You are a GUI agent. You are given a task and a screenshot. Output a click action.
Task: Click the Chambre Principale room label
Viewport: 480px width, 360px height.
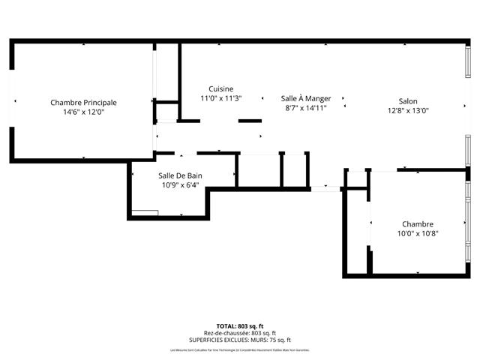click(x=83, y=103)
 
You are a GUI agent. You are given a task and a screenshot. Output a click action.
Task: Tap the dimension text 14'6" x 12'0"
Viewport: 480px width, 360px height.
click(x=83, y=112)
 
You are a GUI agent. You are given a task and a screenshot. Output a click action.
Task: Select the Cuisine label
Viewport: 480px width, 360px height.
click(x=220, y=88)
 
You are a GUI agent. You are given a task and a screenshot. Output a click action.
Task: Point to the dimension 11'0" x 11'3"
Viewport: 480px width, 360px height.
click(x=220, y=98)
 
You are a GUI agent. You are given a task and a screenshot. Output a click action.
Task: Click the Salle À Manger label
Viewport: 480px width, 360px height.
click(x=306, y=98)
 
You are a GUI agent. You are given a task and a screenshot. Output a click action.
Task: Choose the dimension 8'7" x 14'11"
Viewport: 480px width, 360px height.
click(x=306, y=108)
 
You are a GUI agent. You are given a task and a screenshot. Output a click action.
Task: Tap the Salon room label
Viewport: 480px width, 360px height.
click(x=408, y=101)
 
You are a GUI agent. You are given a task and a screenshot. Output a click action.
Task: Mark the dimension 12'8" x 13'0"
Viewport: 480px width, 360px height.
click(x=408, y=111)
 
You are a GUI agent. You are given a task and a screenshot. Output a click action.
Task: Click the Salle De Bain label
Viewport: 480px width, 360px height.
click(x=180, y=176)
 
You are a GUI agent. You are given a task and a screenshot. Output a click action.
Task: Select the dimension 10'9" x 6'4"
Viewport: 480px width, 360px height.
click(x=180, y=186)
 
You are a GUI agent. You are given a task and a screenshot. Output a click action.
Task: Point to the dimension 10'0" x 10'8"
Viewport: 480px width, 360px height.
click(x=418, y=233)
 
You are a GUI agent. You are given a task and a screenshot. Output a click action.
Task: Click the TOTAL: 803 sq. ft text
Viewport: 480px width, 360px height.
click(x=239, y=326)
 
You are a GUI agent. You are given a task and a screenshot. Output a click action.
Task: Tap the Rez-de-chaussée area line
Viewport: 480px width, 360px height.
click(x=239, y=333)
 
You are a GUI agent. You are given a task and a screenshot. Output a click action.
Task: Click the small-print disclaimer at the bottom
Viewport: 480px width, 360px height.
click(x=239, y=349)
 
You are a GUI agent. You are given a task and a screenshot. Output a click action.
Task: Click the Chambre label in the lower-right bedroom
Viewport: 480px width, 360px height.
click(x=418, y=224)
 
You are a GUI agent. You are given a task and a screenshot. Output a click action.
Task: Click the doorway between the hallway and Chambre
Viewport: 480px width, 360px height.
click(x=325, y=187)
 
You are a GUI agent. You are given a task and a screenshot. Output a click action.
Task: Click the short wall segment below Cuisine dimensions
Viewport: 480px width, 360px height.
click(x=250, y=120)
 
